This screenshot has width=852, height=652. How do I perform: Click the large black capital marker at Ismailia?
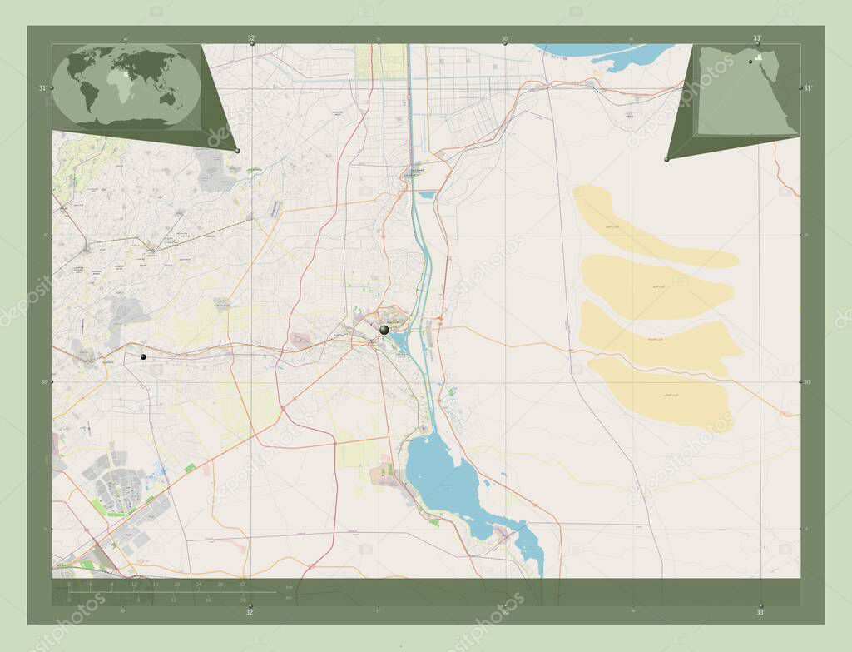tap(384, 331)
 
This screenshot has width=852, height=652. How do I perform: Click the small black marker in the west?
tap(144, 356)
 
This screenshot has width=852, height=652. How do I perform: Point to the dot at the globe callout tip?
tap(238, 151)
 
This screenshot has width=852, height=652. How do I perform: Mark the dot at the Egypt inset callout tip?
tap(666, 159)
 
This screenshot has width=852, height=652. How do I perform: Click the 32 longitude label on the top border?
tap(250, 38)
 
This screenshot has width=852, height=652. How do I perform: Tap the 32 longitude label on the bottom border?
tap(250, 612)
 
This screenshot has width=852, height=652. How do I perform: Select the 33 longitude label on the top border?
tap(756, 38)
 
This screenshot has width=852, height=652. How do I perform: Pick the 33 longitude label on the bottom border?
tap(759, 612)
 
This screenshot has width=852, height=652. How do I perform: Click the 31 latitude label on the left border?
tap(42, 87)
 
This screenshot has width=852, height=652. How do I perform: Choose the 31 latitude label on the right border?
tap(807, 87)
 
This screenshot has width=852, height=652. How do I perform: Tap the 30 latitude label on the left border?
tap(42, 382)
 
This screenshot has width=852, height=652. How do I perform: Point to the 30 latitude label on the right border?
tap(807, 382)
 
